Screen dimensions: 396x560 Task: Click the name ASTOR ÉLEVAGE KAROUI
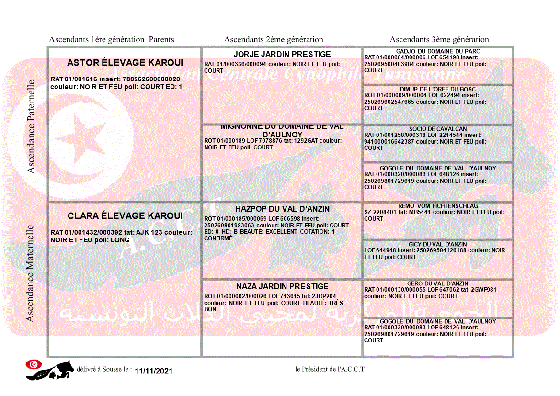point(125,63)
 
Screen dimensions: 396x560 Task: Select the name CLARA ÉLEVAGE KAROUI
point(125,216)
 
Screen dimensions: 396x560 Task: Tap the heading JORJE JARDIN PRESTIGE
point(282,54)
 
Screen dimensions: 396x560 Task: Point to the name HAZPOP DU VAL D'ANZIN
point(282,209)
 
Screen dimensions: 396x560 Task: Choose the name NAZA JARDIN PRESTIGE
point(282,286)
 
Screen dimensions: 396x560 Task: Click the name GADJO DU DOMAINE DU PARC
point(438,51)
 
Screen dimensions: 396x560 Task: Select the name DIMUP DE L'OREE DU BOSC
point(438,89)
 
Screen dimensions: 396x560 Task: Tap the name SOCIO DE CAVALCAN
point(438,129)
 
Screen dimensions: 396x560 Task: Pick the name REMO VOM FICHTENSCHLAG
point(438,206)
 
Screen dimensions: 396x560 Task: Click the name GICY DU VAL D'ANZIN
point(438,244)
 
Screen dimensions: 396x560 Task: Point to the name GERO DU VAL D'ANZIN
point(438,283)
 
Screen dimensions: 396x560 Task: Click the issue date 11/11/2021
point(153,371)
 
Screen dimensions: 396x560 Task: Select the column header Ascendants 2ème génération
point(274,40)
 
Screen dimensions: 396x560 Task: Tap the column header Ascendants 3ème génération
point(439,40)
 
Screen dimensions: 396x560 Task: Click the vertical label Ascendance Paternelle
point(31,126)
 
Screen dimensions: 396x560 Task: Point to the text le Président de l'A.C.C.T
point(330,369)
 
